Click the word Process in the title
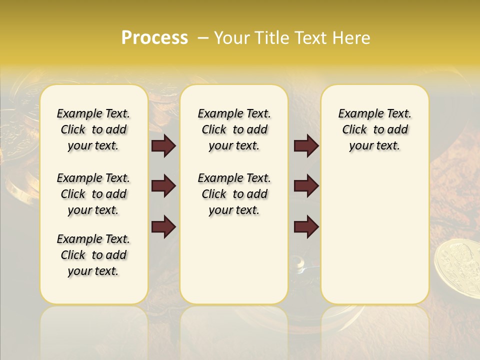[154, 38]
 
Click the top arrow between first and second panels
[163, 146]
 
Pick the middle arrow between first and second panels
[163, 186]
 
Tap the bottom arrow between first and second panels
[163, 226]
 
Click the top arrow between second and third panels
[306, 146]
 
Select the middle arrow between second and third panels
[306, 186]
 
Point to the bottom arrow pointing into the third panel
[306, 226]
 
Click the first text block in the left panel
[93, 129]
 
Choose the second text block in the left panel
[93, 194]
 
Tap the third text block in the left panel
[93, 255]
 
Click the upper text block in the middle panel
[234, 129]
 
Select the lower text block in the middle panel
[234, 194]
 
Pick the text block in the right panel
[375, 129]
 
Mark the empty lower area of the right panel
[375, 235]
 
